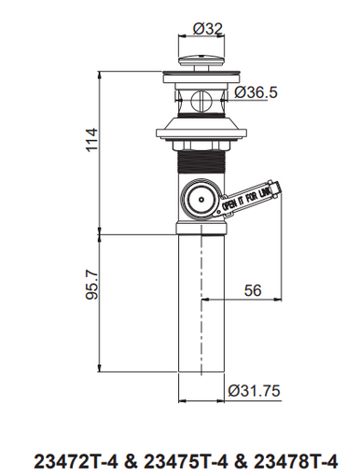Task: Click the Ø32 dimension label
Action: (208, 29)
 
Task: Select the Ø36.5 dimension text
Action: (256, 92)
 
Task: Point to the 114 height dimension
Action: (91, 140)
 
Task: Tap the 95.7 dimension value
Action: (91, 285)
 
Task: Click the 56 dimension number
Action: (253, 290)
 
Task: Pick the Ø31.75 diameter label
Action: (254, 391)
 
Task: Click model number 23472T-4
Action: (76, 461)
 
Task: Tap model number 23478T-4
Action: (296, 461)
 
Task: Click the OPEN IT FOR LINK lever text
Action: (246, 198)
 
